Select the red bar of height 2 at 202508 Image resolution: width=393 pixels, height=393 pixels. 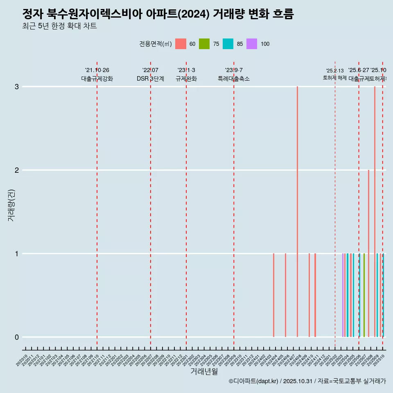pyautogui.click(x=368, y=253)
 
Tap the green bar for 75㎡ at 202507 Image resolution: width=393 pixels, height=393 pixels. pyautogui.click(x=364, y=295)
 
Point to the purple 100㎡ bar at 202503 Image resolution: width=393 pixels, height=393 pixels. pyautogui.click(x=343, y=295)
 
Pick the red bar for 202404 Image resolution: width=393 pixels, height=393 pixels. pyautogui.click(x=273, y=295)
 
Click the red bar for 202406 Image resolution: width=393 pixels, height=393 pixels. pyautogui.click(x=285, y=295)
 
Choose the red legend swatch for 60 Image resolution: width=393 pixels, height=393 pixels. pyautogui.click(x=181, y=44)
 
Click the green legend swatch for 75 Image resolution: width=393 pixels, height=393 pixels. pyautogui.click(x=204, y=44)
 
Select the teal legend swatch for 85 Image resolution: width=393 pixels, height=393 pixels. pyautogui.click(x=228, y=44)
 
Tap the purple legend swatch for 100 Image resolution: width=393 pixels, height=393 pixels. pyautogui.click(x=252, y=44)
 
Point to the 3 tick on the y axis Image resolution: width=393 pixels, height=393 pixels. pyautogui.click(x=17, y=87)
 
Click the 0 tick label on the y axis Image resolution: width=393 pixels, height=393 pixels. pyautogui.click(x=17, y=337)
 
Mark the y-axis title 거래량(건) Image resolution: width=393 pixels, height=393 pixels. pyautogui.click(x=11, y=205)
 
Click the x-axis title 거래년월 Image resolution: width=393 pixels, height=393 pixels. pyautogui.click(x=204, y=371)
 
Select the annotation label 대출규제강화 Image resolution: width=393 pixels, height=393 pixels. pyautogui.click(x=97, y=79)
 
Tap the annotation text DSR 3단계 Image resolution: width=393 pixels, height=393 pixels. pyautogui.click(x=150, y=79)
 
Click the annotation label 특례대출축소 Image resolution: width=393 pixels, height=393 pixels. pyautogui.click(x=234, y=79)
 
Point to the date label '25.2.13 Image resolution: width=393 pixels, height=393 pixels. pyautogui.click(x=335, y=71)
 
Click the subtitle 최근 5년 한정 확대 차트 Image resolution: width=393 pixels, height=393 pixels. pyautogui.click(x=60, y=26)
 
